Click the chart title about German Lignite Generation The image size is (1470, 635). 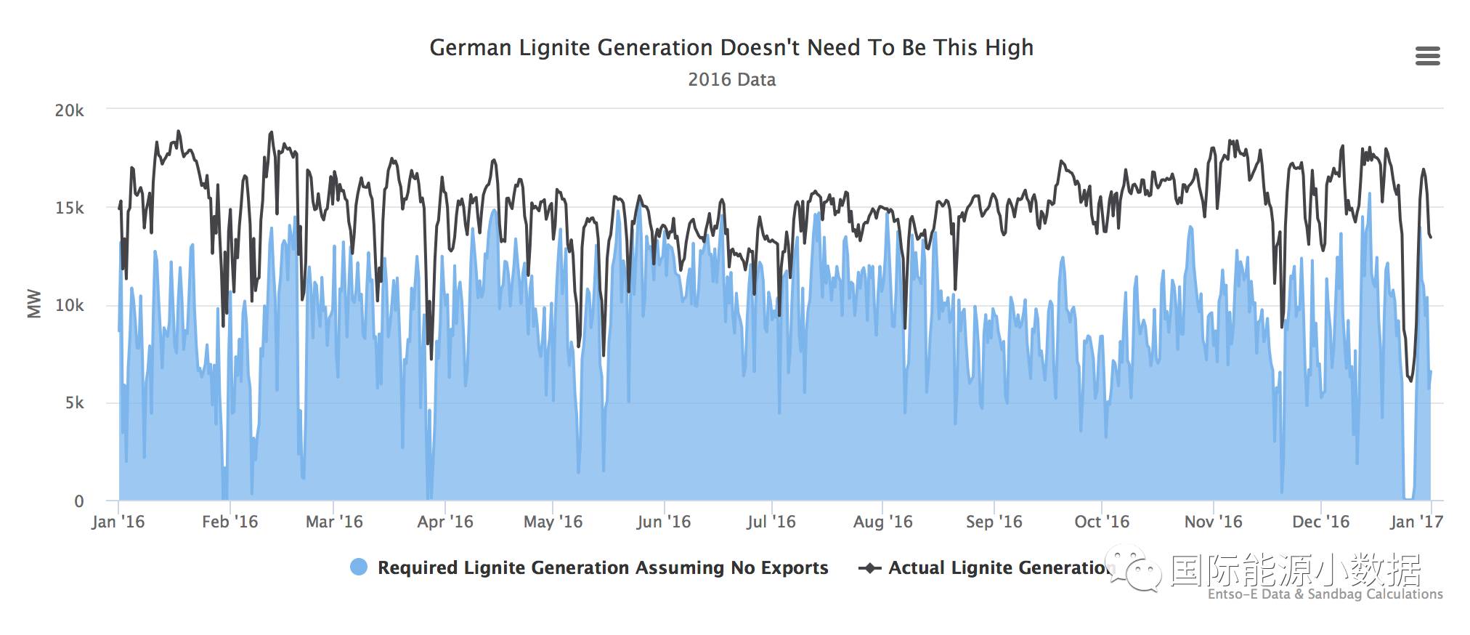tap(731, 48)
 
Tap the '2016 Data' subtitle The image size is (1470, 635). tap(731, 80)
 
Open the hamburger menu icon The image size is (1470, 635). tap(1427, 56)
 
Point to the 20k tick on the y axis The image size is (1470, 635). tap(70, 110)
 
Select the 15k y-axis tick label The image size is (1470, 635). tap(70, 209)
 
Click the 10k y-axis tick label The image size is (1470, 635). tap(70, 306)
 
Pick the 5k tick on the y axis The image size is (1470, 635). tap(74, 403)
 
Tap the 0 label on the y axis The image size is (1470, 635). tap(79, 501)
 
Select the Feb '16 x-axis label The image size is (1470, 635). tap(230, 522)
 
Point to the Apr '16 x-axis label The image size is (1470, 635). tap(444, 522)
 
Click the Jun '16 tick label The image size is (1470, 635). tap(663, 522)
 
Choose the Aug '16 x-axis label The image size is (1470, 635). tap(882, 522)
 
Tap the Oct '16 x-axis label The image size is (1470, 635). tap(1102, 522)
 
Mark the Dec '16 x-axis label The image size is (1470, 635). tap(1320, 522)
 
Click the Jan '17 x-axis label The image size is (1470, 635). tap(1416, 522)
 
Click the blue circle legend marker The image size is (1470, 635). tap(359, 567)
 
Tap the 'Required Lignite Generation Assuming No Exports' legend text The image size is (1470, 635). tap(603, 567)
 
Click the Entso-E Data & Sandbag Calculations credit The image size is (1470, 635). tap(1325, 594)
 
